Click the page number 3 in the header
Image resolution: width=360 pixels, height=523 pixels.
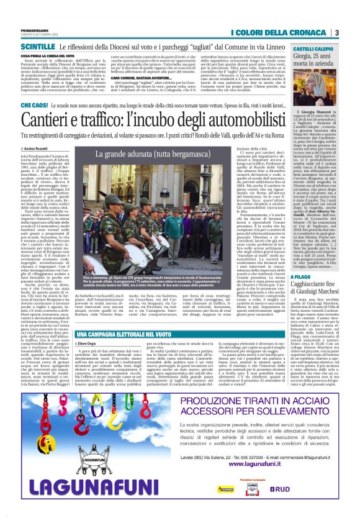point(336,33)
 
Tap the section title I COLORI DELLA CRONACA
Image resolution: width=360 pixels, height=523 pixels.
point(281,33)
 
